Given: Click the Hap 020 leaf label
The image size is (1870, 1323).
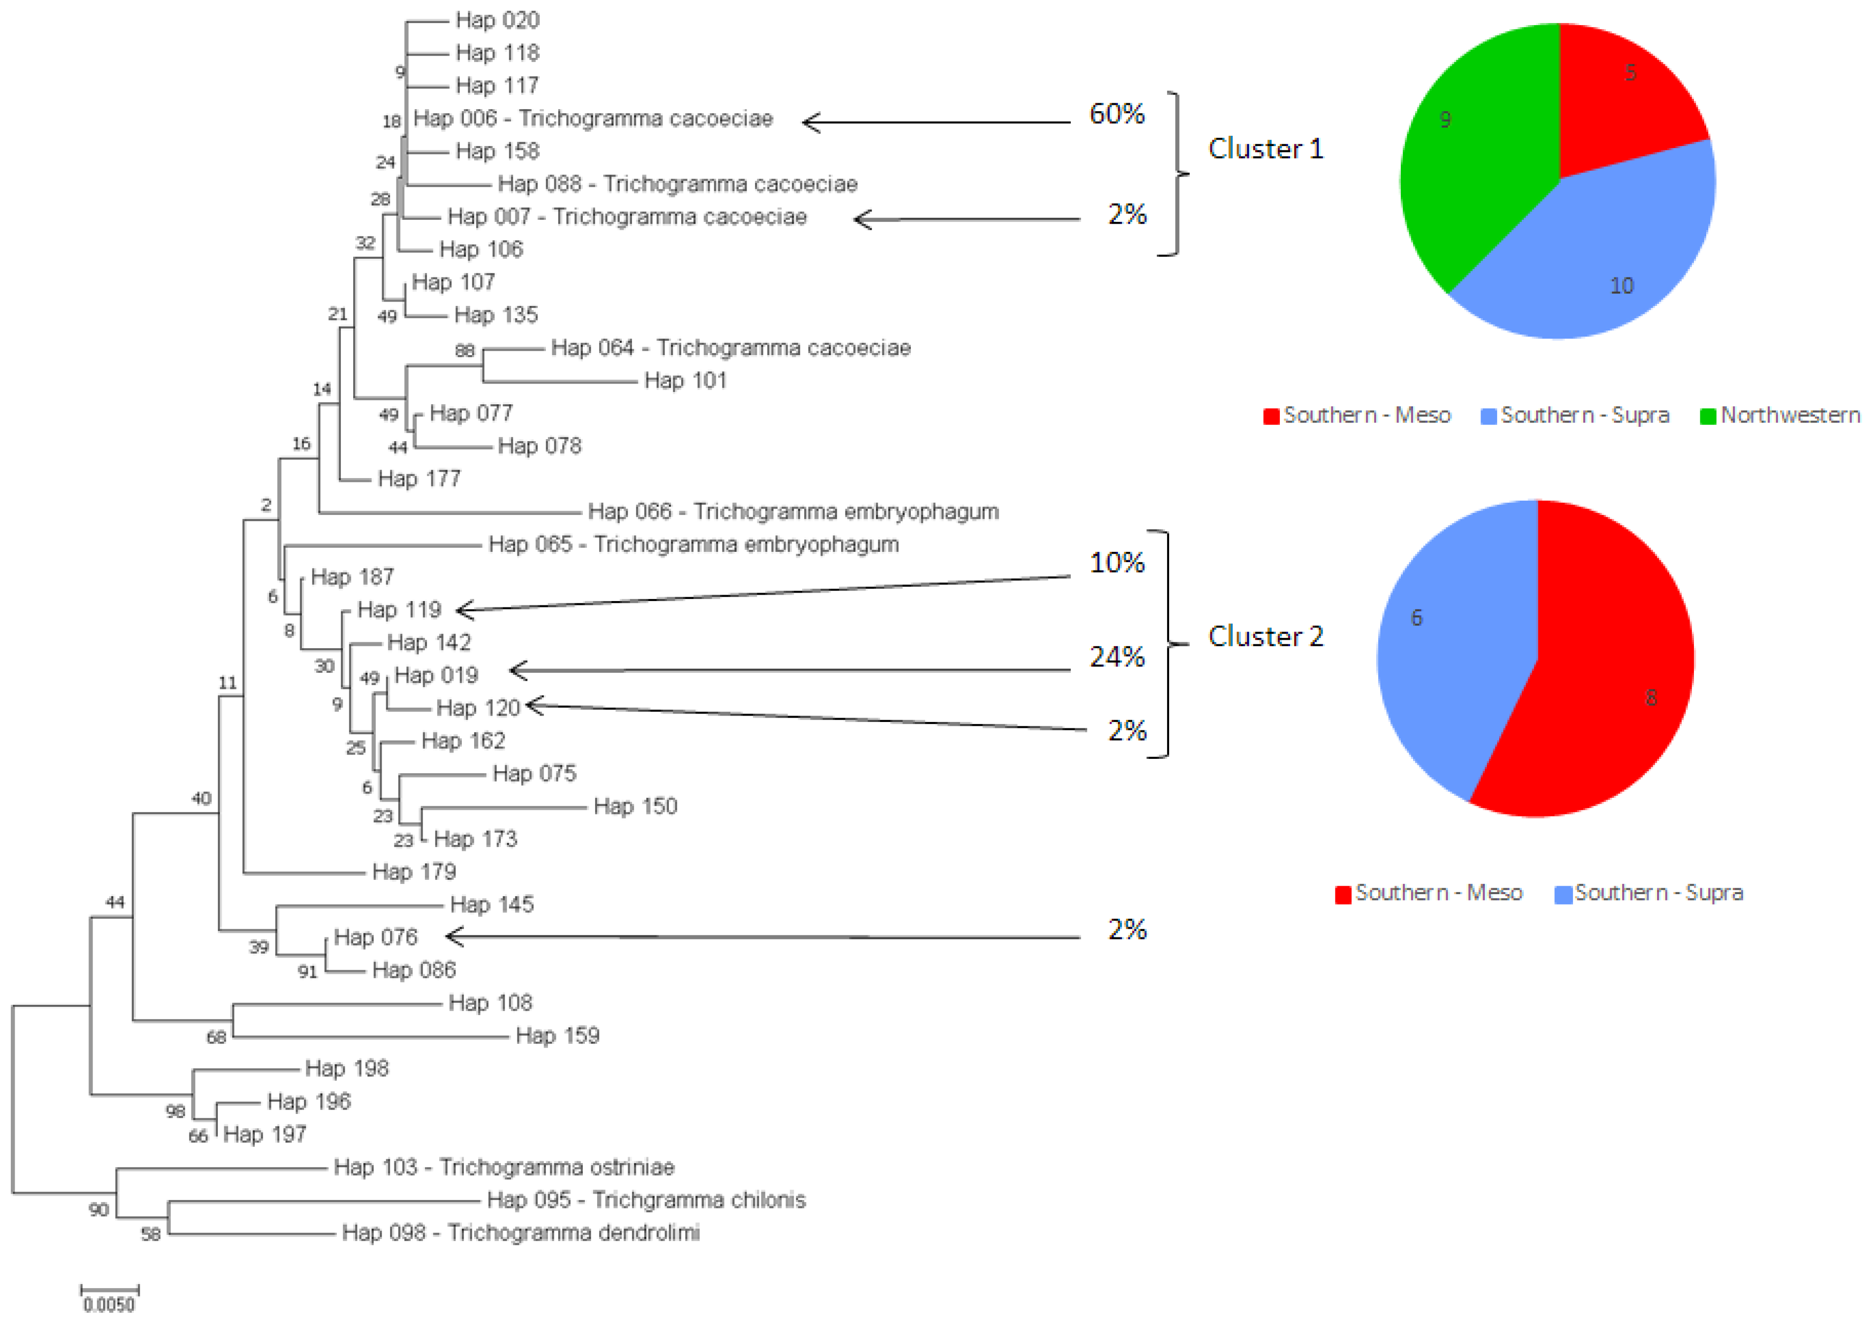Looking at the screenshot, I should click(x=497, y=20).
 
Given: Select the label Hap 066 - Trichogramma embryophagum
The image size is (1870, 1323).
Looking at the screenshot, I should click(x=792, y=511).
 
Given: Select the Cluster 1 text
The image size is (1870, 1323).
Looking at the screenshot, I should click(x=1265, y=149).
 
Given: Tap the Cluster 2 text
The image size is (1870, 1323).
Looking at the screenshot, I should click(x=1265, y=636).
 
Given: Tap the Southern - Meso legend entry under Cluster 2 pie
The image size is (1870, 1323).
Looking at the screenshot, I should click(x=1429, y=893).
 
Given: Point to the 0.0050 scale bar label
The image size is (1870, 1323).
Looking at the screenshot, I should click(x=109, y=1304).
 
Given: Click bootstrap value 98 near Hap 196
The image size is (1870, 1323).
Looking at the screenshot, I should click(x=175, y=1111).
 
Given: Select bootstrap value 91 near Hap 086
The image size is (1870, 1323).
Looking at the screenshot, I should click(x=307, y=971).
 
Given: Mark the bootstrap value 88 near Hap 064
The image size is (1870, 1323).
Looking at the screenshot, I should click(x=464, y=350).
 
